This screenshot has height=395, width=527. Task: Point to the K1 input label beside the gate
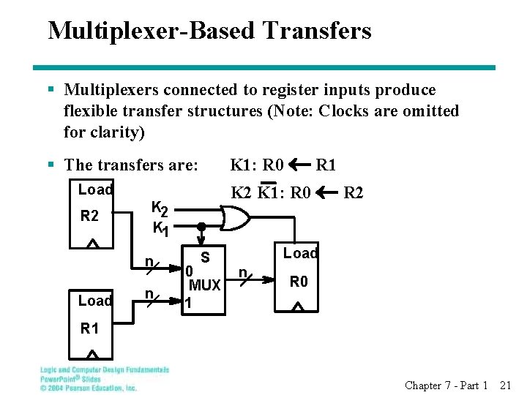tap(161, 229)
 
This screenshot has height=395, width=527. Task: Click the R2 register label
tap(89, 217)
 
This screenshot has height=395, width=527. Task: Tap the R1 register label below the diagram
tap(89, 329)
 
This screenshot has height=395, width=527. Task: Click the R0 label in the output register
tap(298, 282)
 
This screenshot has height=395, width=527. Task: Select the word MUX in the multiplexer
tap(205, 285)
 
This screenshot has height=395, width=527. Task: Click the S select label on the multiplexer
tap(206, 257)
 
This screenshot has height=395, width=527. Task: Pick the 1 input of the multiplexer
tap(188, 302)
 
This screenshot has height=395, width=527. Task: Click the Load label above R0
tap(300, 254)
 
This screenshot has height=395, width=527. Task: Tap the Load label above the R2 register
tap(95, 190)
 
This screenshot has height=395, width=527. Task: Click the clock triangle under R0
tap(297, 307)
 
